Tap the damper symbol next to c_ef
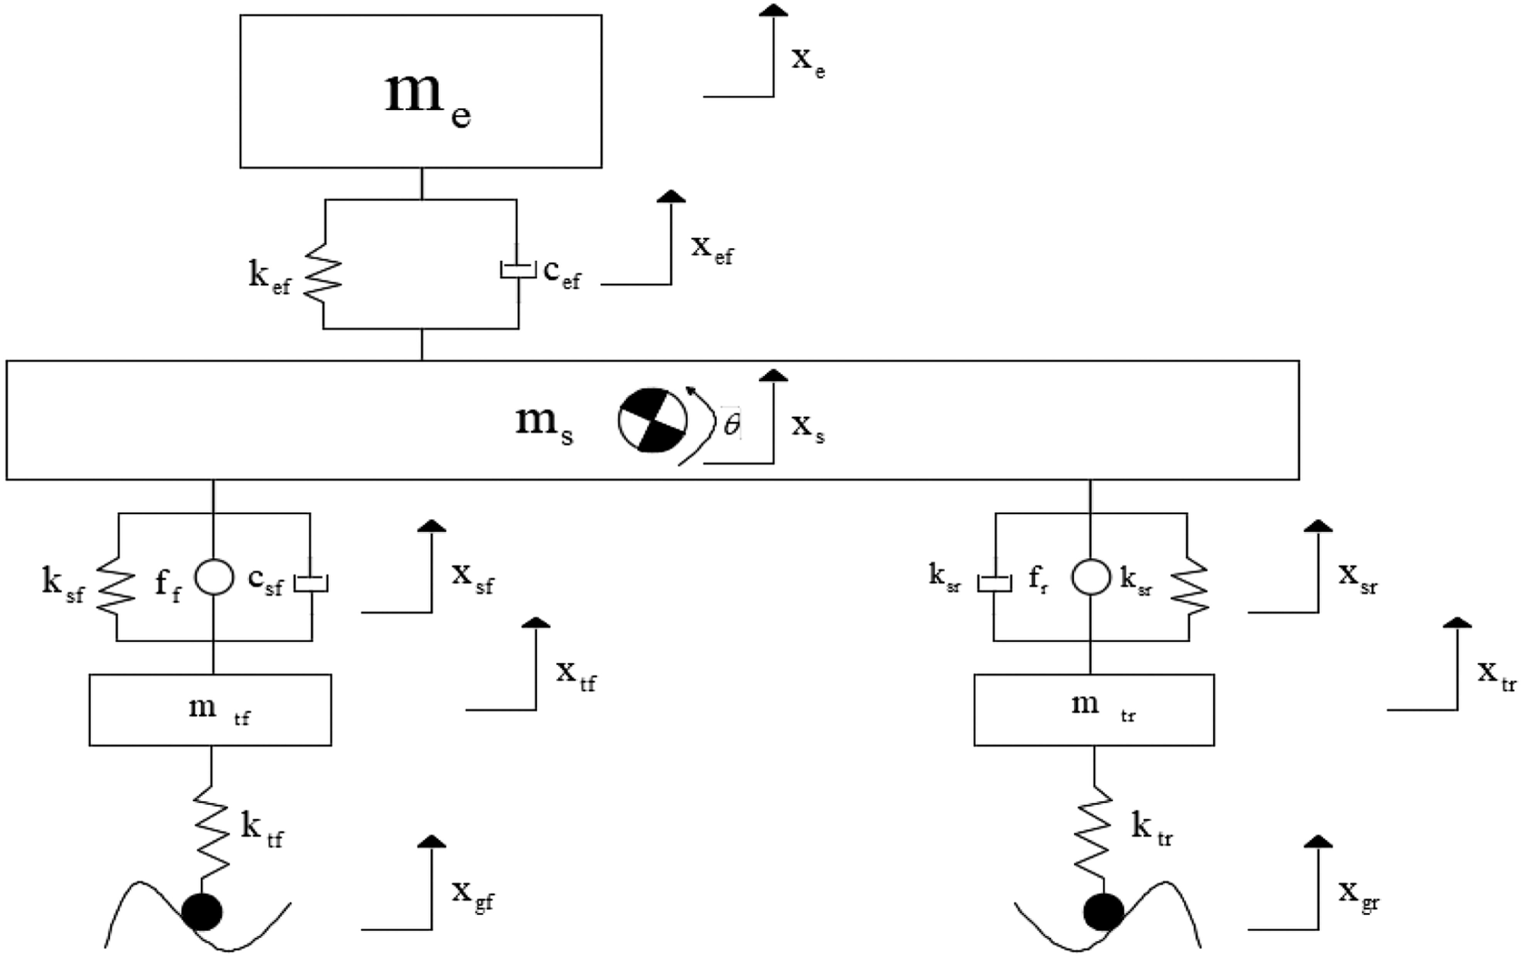click(518, 269)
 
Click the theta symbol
click(732, 424)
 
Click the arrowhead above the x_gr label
click(1318, 842)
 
